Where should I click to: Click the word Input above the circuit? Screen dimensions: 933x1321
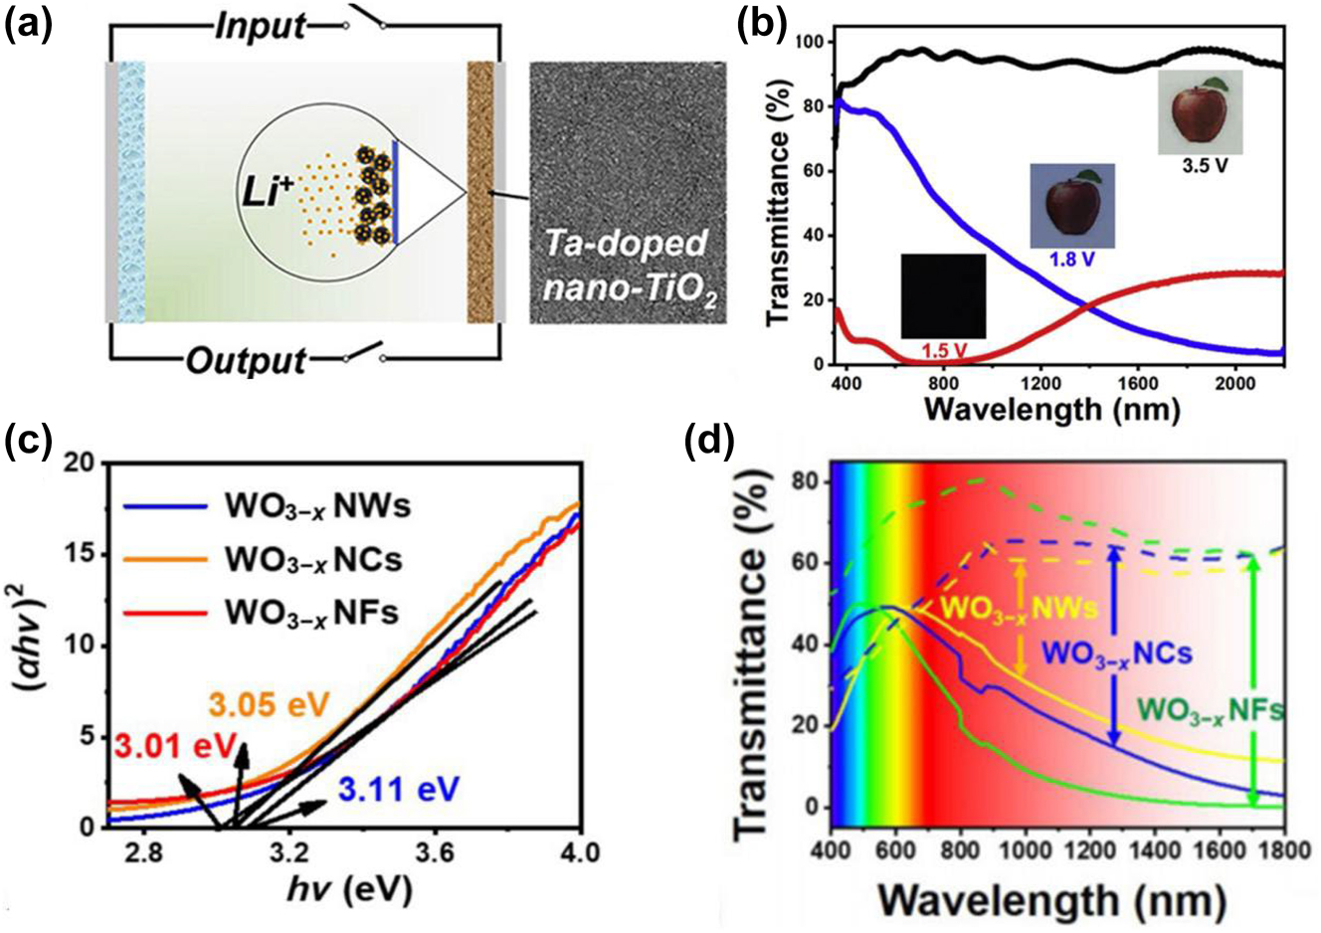point(261,24)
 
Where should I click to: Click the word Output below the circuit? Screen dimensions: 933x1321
point(247,359)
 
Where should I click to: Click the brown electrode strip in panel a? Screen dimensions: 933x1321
point(480,191)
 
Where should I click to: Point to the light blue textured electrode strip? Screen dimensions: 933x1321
point(131,191)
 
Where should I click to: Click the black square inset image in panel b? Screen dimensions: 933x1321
point(943,295)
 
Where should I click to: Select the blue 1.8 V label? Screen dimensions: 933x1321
point(1072,259)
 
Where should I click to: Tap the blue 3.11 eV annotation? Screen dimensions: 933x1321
point(399,790)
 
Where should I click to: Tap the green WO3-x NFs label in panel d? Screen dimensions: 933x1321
point(1211,710)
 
